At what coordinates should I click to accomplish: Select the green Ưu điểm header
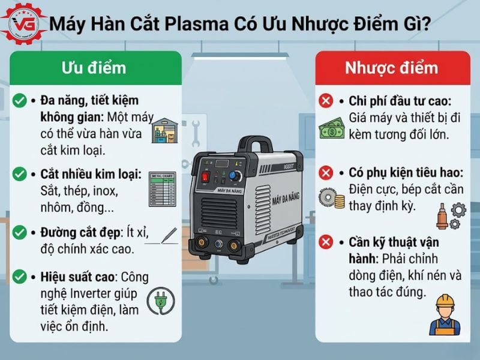(x=94, y=67)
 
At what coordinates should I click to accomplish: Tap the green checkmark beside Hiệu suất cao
(x=19, y=277)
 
